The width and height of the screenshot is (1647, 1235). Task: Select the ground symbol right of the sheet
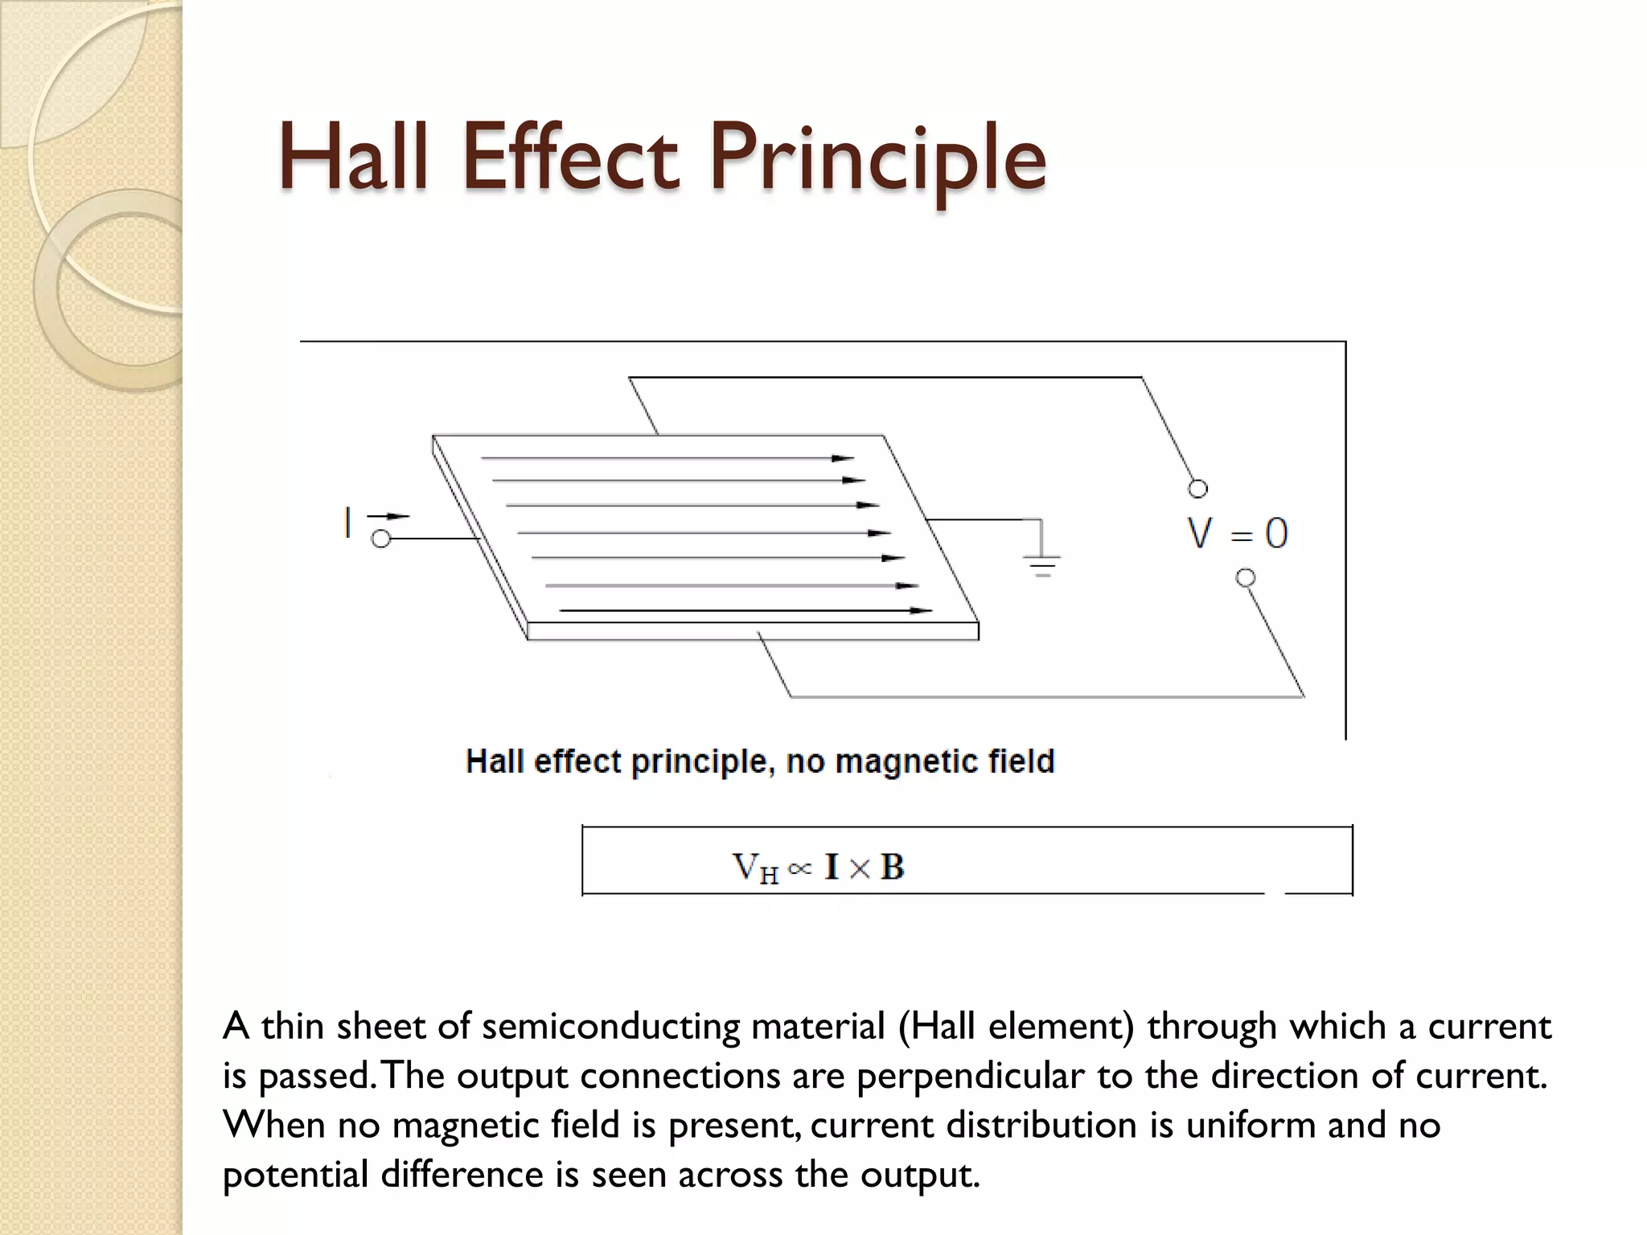[x=1042, y=562]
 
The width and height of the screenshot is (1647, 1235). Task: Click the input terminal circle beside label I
[x=381, y=539]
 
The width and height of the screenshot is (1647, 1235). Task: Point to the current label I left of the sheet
[x=347, y=523]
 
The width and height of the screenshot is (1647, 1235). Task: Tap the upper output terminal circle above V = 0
[x=1197, y=489]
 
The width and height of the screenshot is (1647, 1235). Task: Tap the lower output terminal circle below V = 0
[x=1246, y=577]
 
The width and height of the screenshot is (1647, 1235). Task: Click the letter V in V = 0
[x=1200, y=533]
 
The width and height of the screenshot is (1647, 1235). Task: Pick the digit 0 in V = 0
[x=1276, y=533]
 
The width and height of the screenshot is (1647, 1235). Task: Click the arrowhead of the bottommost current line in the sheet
[x=921, y=610]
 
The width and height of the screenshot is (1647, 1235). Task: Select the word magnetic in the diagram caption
[x=896, y=761]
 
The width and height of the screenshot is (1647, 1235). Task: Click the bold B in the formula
[x=892, y=867]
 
